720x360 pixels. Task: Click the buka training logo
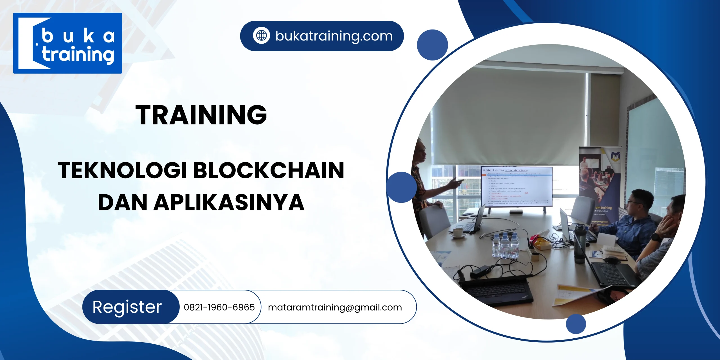click(x=67, y=43)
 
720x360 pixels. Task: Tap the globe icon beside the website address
click(x=261, y=36)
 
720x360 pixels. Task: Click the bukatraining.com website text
click(x=334, y=36)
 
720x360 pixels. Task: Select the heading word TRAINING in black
click(x=201, y=115)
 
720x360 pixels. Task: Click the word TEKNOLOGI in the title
click(x=122, y=170)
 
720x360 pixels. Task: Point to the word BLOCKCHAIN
click(x=269, y=170)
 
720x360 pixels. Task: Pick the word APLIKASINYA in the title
click(x=229, y=202)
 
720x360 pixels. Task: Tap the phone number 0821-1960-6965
click(x=219, y=307)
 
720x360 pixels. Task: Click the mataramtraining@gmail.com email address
click(x=335, y=307)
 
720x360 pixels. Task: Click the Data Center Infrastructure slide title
click(x=505, y=170)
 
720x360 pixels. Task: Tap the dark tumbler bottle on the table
click(x=580, y=244)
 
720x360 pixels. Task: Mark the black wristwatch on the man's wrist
click(x=656, y=237)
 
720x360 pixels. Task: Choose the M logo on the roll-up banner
click(x=615, y=156)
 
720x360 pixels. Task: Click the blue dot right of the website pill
click(x=432, y=45)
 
